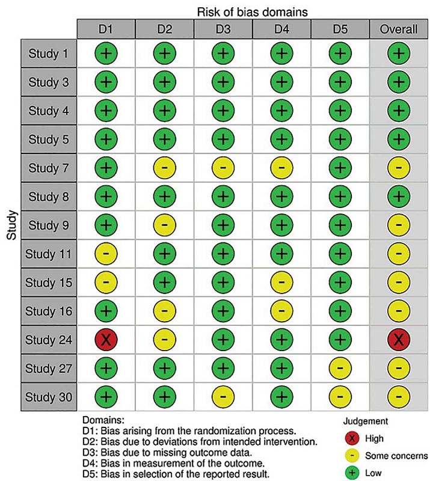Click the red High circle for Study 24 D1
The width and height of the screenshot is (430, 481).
(x=105, y=340)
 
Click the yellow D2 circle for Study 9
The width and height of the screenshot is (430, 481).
(x=164, y=225)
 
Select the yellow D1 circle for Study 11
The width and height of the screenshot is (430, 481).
(x=105, y=254)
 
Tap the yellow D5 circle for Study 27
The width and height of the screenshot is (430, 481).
(x=340, y=368)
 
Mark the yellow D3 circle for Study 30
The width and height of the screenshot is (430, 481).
(x=223, y=397)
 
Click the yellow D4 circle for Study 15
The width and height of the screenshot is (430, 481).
(x=281, y=283)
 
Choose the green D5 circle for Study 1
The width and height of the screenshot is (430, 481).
(x=340, y=54)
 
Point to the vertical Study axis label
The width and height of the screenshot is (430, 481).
(x=11, y=225)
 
